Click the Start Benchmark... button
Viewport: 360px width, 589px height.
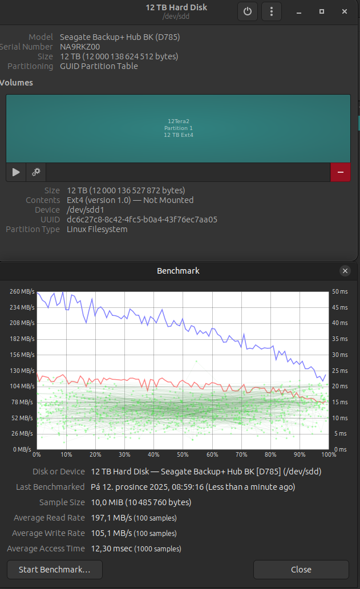55,570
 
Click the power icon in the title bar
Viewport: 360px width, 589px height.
247,11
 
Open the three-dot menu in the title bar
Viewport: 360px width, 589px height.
272,11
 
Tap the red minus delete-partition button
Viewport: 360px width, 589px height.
341,172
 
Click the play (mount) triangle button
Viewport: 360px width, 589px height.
16,172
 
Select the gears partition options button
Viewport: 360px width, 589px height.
36,172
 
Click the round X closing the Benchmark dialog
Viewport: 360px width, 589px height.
345,271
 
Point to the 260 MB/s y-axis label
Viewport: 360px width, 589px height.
22,291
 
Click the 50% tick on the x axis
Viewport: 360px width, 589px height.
183,454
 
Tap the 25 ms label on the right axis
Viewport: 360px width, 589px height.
339,371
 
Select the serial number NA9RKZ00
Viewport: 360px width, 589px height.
80,47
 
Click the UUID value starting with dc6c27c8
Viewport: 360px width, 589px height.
142,220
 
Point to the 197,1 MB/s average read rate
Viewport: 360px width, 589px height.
111,518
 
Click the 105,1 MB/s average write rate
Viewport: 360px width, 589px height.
111,533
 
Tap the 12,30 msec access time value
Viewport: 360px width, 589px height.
112,549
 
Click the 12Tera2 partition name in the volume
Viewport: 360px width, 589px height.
179,121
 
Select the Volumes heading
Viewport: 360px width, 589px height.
16,83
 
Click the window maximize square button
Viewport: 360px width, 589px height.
322,11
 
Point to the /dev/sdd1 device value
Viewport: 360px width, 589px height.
86,210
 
